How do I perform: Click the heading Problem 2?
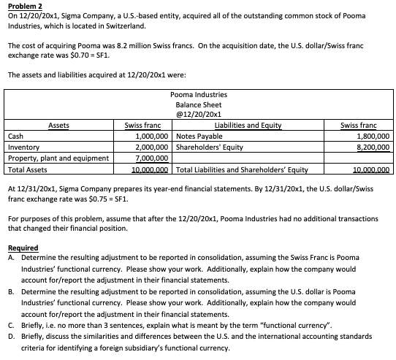24,5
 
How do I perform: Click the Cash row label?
15,136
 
